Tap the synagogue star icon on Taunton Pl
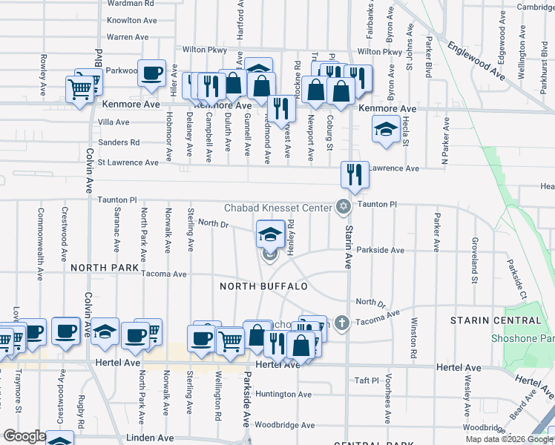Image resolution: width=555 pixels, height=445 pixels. pos(343,207)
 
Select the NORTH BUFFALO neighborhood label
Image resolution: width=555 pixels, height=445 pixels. pos(263,286)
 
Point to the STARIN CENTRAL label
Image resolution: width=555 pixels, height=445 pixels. pos(496,320)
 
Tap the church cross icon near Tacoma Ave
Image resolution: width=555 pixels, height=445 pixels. pos(341,323)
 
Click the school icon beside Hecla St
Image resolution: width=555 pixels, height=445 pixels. pos(385,129)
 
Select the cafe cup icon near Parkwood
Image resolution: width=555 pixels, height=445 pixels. pos(152,72)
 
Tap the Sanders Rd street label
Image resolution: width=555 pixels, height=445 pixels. pos(119,142)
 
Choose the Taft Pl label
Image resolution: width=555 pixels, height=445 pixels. pos(367,380)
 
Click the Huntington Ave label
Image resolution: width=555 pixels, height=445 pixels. pos(284,395)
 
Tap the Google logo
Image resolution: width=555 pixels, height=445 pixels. pos(24,437)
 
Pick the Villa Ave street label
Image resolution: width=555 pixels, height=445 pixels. pos(114,122)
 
